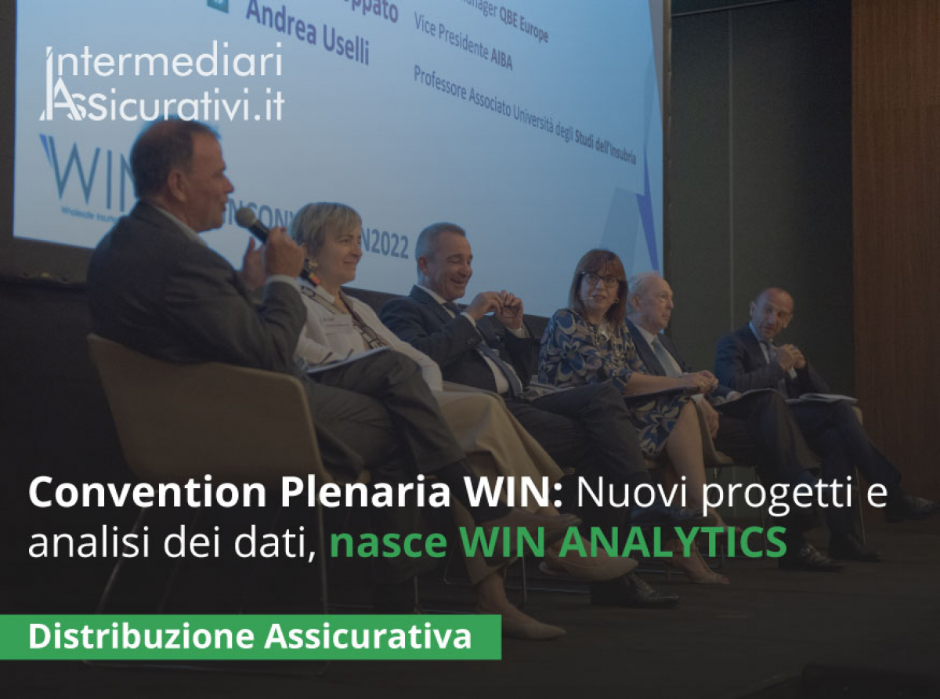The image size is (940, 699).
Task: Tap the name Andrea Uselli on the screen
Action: pos(307,35)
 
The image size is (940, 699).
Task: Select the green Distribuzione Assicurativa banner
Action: pos(251,636)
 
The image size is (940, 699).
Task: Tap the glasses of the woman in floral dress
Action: pos(601,279)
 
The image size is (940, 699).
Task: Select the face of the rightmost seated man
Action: pos(772,313)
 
